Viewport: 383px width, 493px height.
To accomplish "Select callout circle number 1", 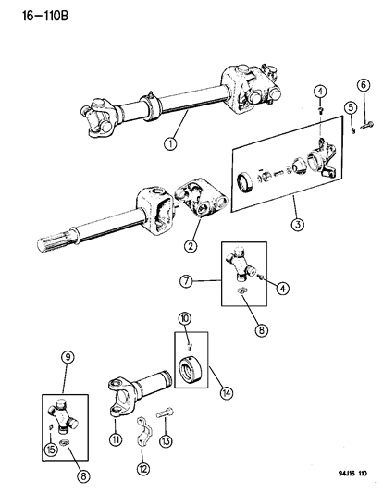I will tap(170, 143).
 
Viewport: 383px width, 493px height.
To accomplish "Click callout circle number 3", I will tap(293, 223).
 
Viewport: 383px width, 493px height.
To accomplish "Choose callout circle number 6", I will tap(364, 86).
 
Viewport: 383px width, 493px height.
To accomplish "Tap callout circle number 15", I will tap(52, 425).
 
